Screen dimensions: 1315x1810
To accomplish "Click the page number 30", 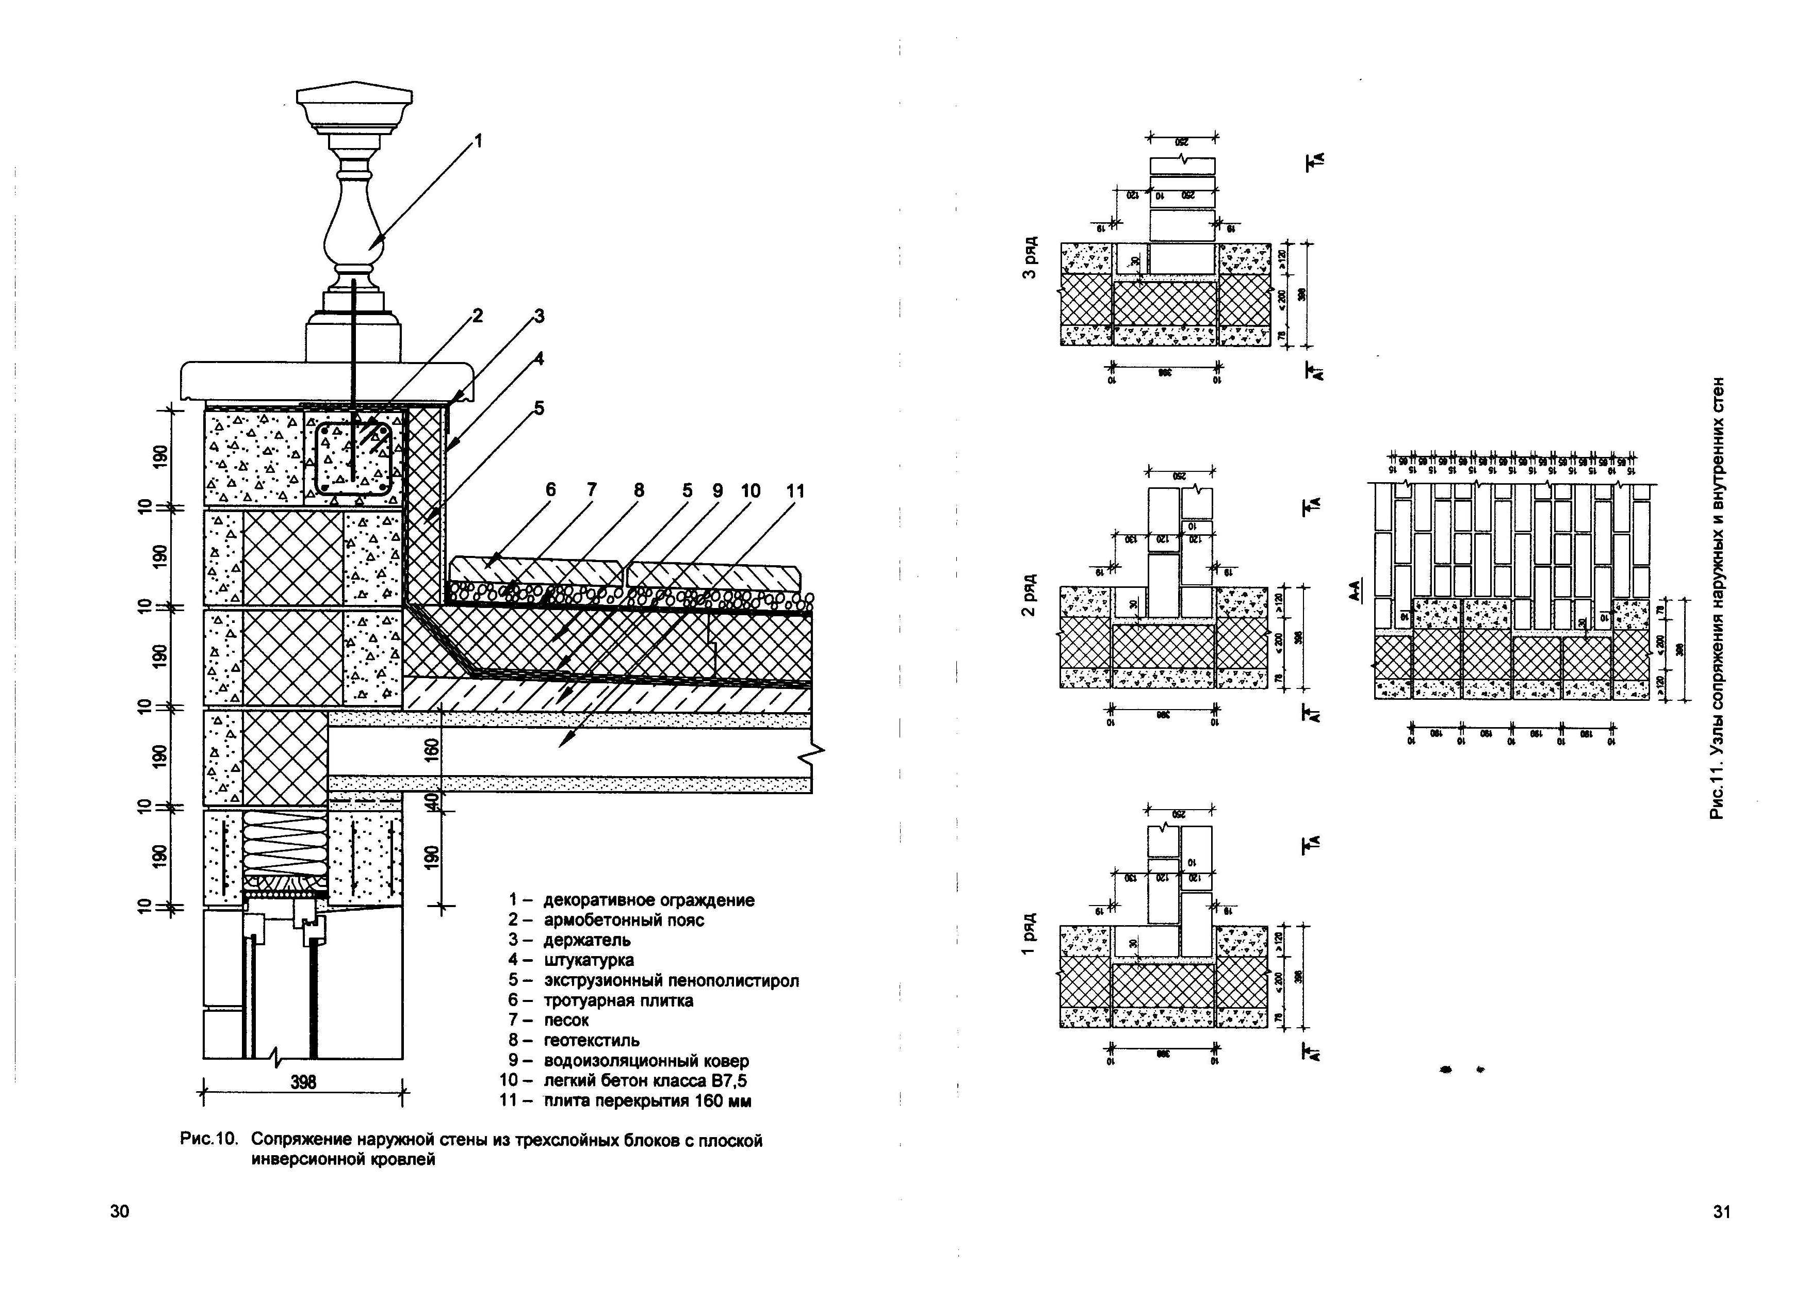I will tap(120, 1211).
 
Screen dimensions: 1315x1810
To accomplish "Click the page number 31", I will tap(1721, 1212).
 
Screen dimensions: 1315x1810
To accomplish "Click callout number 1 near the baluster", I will tap(478, 141).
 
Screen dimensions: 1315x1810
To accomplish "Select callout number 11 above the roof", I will tap(795, 491).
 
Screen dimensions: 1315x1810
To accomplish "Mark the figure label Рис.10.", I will tap(209, 1140).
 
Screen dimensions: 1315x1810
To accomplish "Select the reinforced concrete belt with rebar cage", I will tap(353, 459).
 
